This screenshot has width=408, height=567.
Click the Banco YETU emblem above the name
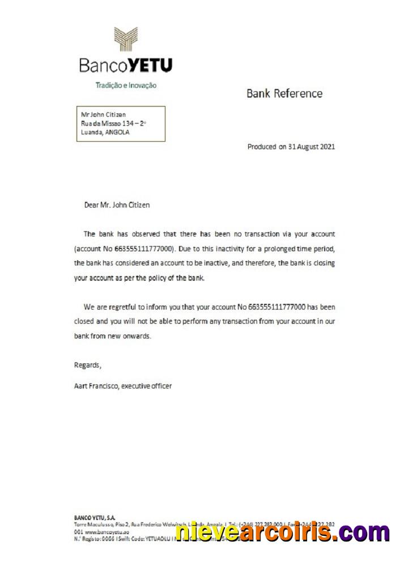(x=125, y=39)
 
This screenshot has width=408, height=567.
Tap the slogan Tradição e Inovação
(x=125, y=86)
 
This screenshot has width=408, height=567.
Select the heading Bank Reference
(x=284, y=94)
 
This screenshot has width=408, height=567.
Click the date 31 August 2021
(x=311, y=147)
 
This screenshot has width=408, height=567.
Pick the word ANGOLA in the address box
(x=118, y=133)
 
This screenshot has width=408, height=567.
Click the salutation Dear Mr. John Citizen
(x=117, y=205)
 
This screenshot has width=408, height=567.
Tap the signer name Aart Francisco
(x=96, y=386)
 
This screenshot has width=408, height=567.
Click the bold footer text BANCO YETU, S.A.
(x=95, y=518)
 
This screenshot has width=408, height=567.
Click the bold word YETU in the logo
(x=150, y=66)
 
